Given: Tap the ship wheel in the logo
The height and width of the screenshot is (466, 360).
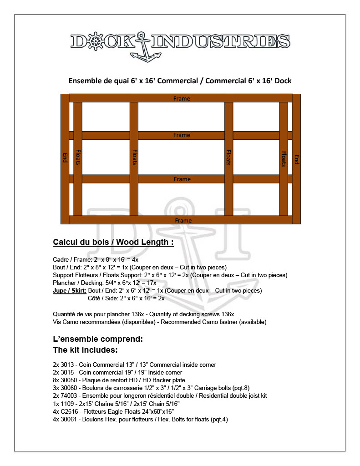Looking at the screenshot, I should point(96,41).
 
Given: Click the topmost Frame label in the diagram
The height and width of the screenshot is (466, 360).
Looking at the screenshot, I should point(182,98).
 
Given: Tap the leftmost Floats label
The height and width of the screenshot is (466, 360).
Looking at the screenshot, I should point(78,157).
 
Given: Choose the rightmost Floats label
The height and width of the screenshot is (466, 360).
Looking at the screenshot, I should point(284,159).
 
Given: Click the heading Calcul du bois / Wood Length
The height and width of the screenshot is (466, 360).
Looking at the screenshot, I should point(113,242).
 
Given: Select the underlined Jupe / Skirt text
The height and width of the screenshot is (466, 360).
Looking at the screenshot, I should point(70,290).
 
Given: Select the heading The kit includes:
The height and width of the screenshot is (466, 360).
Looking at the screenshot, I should point(86,350).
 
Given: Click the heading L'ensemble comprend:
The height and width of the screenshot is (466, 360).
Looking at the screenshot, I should point(98,339).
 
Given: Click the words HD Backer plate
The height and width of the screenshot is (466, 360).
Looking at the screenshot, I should point(165,380).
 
